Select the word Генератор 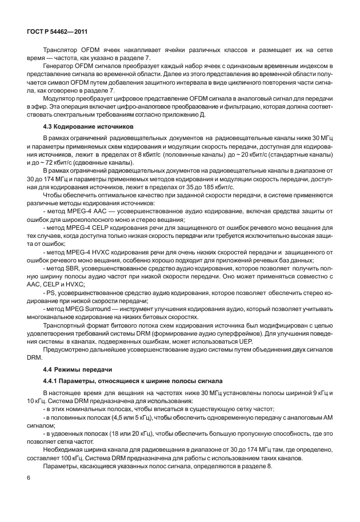(x=59, y=66)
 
